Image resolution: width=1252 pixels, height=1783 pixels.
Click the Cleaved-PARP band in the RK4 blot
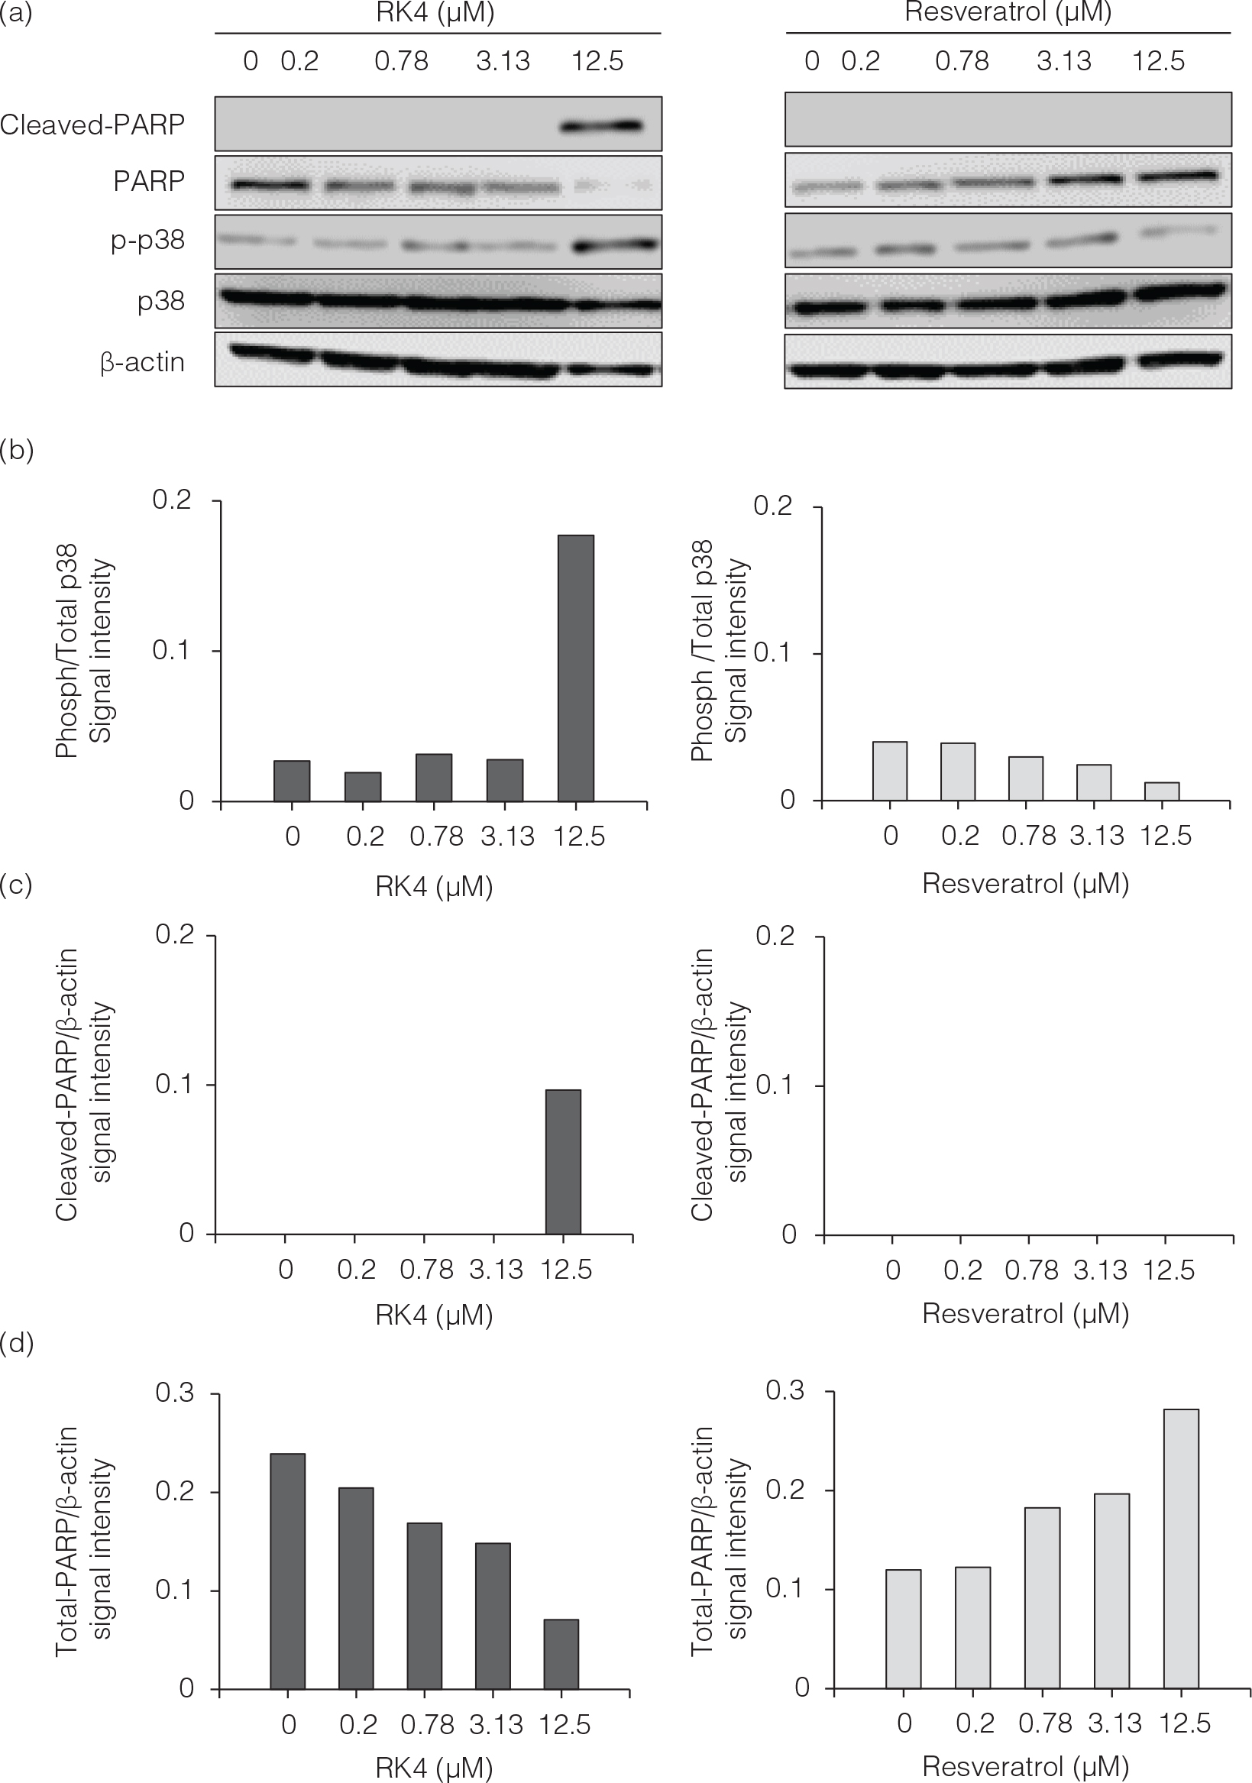point(603,125)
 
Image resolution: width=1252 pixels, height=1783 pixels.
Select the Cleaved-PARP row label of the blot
point(92,125)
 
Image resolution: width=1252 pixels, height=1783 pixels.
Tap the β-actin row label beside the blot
point(142,362)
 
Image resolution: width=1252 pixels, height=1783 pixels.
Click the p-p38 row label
point(147,240)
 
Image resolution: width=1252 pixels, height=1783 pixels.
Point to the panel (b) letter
point(17,450)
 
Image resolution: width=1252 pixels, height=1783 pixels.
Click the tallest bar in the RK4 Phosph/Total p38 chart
point(575,668)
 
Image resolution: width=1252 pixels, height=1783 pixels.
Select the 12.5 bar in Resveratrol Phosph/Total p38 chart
point(1162,791)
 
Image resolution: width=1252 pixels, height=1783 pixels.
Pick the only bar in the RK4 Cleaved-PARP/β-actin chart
point(563,1161)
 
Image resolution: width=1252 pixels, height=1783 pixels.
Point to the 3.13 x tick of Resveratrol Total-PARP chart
point(1115,1723)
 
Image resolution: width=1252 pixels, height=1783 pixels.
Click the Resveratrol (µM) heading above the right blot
point(1008,12)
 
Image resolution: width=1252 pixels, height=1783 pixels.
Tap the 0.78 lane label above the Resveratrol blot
point(962,60)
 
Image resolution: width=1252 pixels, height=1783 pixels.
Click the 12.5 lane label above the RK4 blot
point(597,60)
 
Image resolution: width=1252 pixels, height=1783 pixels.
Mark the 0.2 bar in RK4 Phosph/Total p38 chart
point(363,786)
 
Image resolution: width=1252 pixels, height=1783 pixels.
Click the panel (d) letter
point(17,1341)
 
